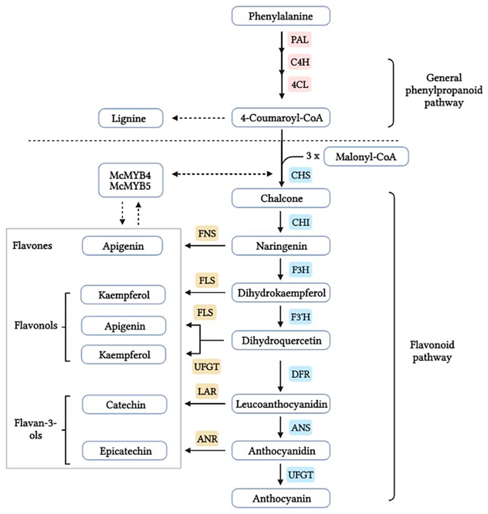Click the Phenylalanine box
pos(281,16)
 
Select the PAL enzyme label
pos(299,40)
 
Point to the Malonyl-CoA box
pos(366,157)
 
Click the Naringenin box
pos(281,246)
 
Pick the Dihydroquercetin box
pos(281,340)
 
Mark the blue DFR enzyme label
pos(300,374)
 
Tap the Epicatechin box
pos(125,451)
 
